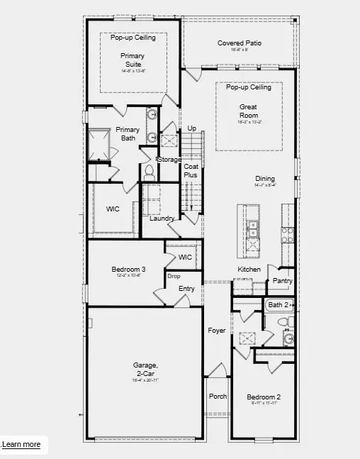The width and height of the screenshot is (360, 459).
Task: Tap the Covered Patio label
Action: (x=239, y=43)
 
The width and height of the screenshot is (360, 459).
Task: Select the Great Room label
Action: (x=248, y=111)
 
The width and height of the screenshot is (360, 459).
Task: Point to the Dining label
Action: (x=265, y=179)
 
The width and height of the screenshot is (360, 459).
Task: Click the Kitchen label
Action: (x=249, y=270)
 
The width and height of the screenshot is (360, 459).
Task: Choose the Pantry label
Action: (x=282, y=281)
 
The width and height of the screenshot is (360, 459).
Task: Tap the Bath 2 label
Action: (x=278, y=305)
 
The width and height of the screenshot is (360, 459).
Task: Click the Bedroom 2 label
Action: (x=264, y=397)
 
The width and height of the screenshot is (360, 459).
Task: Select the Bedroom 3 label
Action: (x=128, y=270)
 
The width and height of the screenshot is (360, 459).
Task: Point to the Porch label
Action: (x=217, y=397)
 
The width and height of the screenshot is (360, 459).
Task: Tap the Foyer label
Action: (x=216, y=331)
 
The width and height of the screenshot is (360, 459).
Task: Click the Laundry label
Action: (x=162, y=218)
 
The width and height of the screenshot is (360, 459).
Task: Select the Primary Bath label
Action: (x=128, y=133)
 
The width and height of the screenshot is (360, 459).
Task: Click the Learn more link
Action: (x=21, y=445)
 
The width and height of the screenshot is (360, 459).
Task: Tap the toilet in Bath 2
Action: (x=282, y=322)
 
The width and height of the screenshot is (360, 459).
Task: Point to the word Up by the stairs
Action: (x=191, y=128)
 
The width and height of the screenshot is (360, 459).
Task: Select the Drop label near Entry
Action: (x=173, y=276)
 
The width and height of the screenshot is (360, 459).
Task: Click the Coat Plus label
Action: (x=191, y=170)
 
